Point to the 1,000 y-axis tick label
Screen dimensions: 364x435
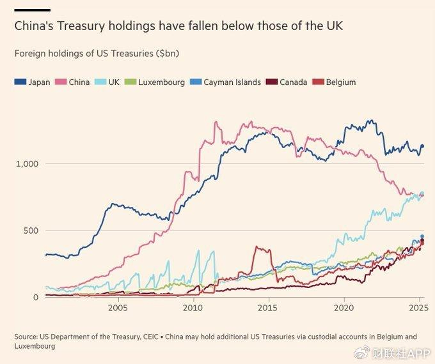pos(28,164)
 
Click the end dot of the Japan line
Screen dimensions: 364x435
pos(422,147)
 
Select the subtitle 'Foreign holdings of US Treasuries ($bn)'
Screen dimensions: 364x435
pos(96,54)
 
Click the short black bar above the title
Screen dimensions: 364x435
pos(32,10)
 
